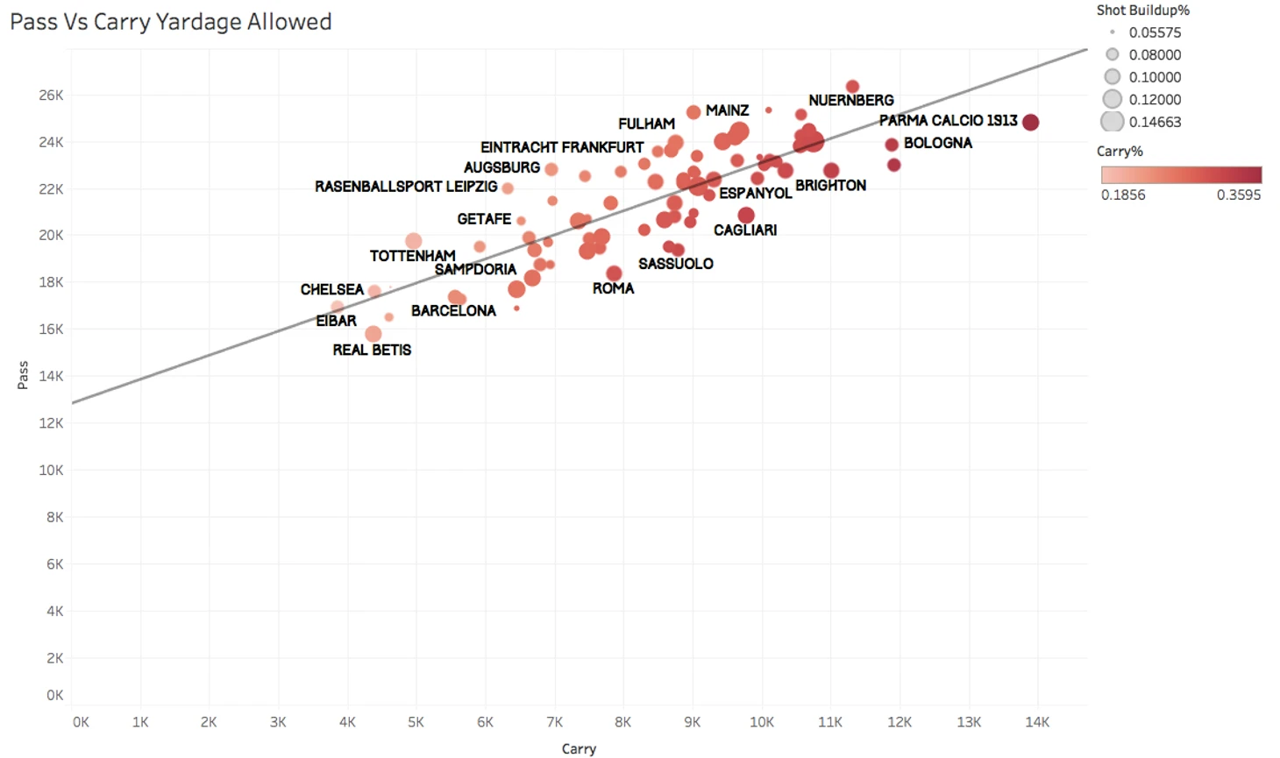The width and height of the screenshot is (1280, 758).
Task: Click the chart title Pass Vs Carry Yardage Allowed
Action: pos(171,22)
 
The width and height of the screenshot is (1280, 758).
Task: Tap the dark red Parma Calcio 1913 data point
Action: pos(1031,123)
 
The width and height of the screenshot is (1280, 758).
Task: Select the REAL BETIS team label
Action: pos(372,350)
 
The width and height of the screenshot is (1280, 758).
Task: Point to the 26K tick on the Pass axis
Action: pos(51,95)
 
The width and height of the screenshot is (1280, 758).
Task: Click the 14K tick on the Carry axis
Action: pos(1037,722)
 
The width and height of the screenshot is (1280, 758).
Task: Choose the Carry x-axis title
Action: pos(579,748)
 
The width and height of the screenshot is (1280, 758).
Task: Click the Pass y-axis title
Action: pos(23,374)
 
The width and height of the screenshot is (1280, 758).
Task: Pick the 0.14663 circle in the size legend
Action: pos(1113,122)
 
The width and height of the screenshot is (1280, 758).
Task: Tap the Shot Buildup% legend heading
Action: pos(1142,11)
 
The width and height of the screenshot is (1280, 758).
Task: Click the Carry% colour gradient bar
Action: pos(1181,174)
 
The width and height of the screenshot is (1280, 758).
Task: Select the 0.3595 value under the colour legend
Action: pos(1238,195)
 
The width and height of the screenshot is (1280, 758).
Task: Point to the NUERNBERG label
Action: pos(850,101)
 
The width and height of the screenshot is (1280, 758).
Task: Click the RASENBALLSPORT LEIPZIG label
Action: pos(406,187)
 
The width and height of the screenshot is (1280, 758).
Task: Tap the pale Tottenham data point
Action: pos(414,241)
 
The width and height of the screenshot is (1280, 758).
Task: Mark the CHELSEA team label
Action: pos(331,289)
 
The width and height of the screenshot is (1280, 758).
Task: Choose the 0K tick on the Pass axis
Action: pos(54,695)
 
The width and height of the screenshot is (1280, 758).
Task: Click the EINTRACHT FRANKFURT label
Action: pos(562,147)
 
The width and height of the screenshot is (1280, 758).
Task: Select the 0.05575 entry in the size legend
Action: pos(1155,32)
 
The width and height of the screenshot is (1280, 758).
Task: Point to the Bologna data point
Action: pos(892,145)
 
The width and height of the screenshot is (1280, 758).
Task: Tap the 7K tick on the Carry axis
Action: pos(554,722)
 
